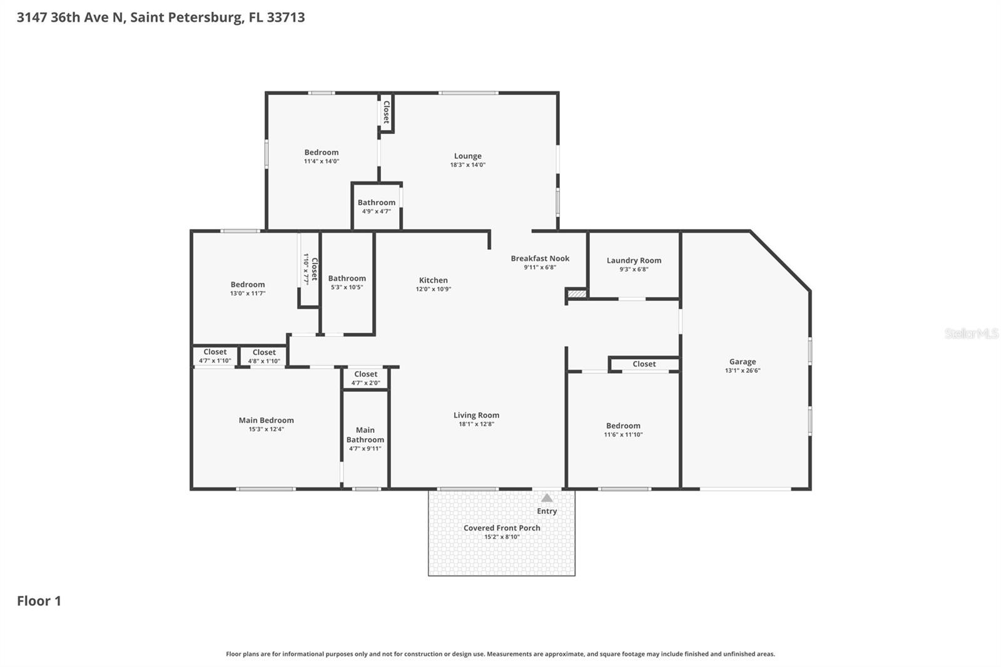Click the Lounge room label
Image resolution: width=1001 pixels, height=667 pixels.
pyautogui.click(x=467, y=156)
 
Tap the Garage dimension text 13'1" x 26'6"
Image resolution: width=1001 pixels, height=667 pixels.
pyautogui.click(x=742, y=370)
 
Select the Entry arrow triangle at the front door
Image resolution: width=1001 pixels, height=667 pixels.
pyautogui.click(x=547, y=498)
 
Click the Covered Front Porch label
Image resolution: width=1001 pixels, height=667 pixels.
pyautogui.click(x=501, y=528)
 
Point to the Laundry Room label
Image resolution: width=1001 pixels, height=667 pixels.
pyautogui.click(x=634, y=260)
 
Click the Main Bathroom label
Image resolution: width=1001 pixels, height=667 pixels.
pyautogui.click(x=365, y=435)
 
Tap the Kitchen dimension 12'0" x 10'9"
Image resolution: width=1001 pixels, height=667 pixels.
pyautogui.click(x=433, y=289)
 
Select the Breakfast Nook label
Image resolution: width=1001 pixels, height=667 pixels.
pyautogui.click(x=540, y=258)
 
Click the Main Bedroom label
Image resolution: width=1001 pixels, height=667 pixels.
pyautogui.click(x=266, y=420)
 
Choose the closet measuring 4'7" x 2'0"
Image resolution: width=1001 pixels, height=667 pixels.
pyautogui.click(x=365, y=379)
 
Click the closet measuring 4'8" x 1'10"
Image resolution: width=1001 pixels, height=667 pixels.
pyautogui.click(x=264, y=356)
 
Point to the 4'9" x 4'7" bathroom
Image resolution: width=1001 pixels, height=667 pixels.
pyautogui.click(x=376, y=206)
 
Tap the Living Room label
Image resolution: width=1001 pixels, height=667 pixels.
pyautogui.click(x=476, y=415)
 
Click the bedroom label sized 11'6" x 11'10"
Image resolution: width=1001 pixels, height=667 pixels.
pyautogui.click(x=623, y=426)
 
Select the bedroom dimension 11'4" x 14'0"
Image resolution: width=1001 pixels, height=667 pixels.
pyautogui.click(x=321, y=161)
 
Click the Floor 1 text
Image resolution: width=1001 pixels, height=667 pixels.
pyautogui.click(x=39, y=601)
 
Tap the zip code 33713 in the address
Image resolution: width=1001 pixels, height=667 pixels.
pyautogui.click(x=286, y=18)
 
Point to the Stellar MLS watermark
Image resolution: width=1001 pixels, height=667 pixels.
pyautogui.click(x=971, y=333)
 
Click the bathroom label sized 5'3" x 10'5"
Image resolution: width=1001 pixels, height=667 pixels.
pyautogui.click(x=347, y=279)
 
